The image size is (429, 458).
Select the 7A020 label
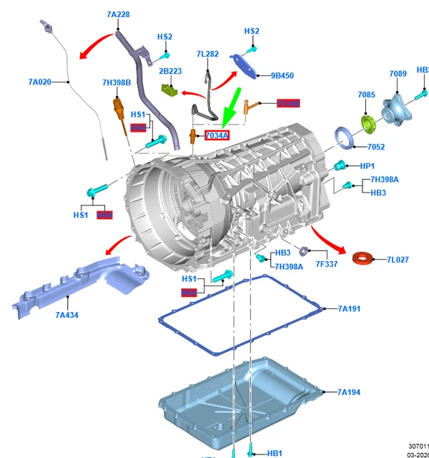[40, 82]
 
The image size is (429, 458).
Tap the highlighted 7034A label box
[217, 135]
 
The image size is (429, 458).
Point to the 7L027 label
[398, 260]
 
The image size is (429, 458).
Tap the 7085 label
[367, 94]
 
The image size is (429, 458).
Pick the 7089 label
[398, 74]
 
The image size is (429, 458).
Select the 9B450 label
[282, 75]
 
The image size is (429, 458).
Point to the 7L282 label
[207, 54]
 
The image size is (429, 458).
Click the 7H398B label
[117, 83]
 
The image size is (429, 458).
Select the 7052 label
[376, 147]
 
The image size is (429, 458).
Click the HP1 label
[367, 166]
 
